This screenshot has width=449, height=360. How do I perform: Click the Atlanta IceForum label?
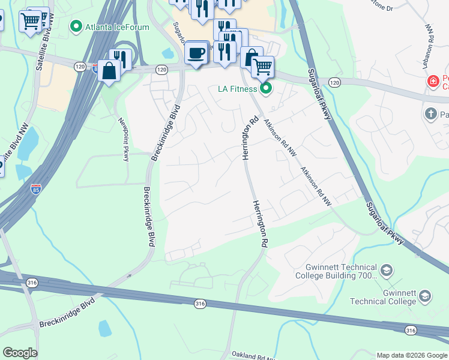(x=116, y=26)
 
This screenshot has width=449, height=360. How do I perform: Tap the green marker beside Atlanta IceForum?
(x=76, y=26)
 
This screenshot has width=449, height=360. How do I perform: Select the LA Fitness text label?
(x=237, y=89)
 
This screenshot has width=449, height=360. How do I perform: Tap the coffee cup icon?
(x=196, y=52)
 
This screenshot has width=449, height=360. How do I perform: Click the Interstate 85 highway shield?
(x=37, y=189)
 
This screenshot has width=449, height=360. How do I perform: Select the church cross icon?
(x=430, y=113)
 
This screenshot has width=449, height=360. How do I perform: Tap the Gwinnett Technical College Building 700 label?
(x=336, y=271)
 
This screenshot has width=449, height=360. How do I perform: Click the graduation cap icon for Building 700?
(x=387, y=271)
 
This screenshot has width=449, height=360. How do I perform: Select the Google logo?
(x=20, y=353)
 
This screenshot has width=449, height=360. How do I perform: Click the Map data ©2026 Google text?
(x=411, y=355)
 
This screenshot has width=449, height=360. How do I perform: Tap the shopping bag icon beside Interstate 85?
(x=110, y=70)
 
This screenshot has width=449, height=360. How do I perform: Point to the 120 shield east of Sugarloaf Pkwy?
(x=334, y=82)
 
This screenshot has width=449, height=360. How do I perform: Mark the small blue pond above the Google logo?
(x=104, y=328)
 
